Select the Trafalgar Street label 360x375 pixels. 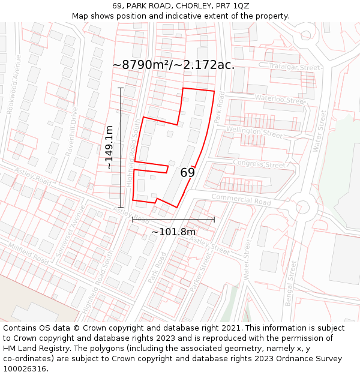295,68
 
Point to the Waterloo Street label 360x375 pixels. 280,100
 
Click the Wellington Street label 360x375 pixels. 254,132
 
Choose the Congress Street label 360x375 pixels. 259,164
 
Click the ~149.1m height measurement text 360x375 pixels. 109,147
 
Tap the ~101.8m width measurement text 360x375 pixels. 173,232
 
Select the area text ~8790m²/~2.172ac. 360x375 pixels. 173,65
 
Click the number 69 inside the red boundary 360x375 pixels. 187,173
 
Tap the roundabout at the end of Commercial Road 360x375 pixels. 302,207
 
